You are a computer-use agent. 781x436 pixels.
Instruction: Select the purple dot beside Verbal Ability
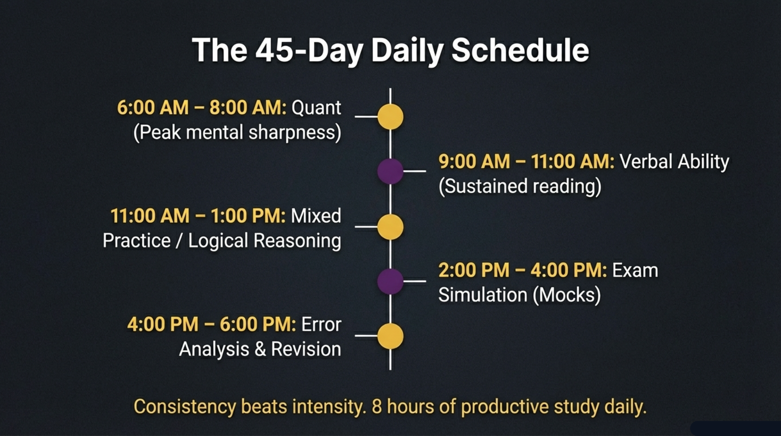[x=390, y=171]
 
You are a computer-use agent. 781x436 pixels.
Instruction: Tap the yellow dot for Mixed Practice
[x=390, y=227]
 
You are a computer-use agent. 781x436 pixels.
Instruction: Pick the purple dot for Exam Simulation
[x=390, y=281]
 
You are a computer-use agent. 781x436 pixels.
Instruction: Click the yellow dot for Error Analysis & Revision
[x=390, y=336]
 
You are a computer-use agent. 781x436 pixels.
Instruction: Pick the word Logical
[x=218, y=241]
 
